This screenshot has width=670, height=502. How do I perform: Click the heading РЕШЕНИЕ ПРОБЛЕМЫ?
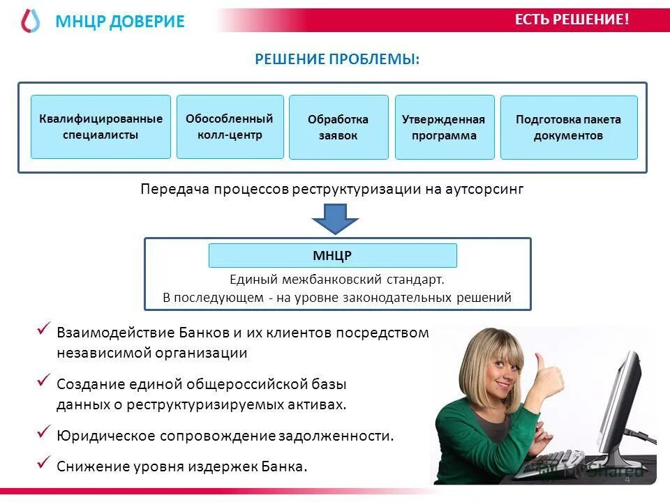(x=337, y=59)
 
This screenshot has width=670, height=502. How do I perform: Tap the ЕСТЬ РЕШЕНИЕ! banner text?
(x=572, y=20)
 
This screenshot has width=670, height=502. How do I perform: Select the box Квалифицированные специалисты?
(x=100, y=127)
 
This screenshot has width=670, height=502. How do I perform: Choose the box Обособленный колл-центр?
(x=230, y=127)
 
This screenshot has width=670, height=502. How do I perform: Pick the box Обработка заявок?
(x=338, y=127)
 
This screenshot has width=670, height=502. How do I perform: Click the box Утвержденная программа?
(x=444, y=127)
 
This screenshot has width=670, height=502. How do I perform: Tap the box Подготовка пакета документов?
(x=568, y=127)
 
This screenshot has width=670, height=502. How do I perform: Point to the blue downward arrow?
(x=335, y=218)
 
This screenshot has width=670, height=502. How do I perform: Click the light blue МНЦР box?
(x=332, y=255)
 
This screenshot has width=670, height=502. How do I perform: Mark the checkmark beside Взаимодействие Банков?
(x=44, y=328)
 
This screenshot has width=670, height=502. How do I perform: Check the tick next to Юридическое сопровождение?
(x=44, y=432)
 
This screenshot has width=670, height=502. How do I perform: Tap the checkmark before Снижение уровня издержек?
(x=44, y=462)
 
